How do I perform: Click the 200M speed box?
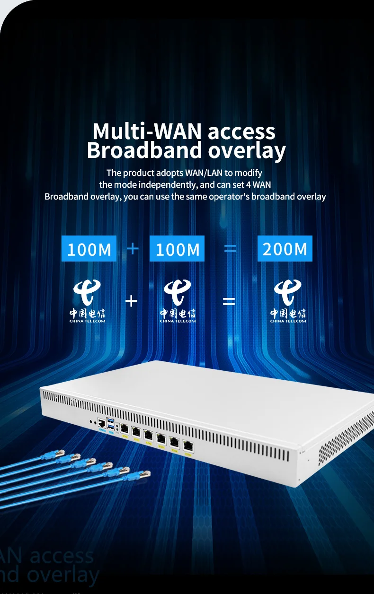(x=285, y=249)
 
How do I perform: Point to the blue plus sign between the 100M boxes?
(x=133, y=248)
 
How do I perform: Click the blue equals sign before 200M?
(x=230, y=248)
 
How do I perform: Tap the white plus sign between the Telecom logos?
(x=131, y=300)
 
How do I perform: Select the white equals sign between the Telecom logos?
(x=229, y=301)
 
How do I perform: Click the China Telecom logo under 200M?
(x=288, y=301)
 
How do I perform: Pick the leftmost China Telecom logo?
(x=88, y=301)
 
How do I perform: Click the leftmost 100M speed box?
(x=89, y=249)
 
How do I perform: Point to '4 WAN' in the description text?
(x=260, y=184)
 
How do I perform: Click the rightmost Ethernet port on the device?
(x=188, y=445)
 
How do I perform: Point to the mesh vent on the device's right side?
(x=346, y=435)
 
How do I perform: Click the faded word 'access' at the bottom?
(x=62, y=556)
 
